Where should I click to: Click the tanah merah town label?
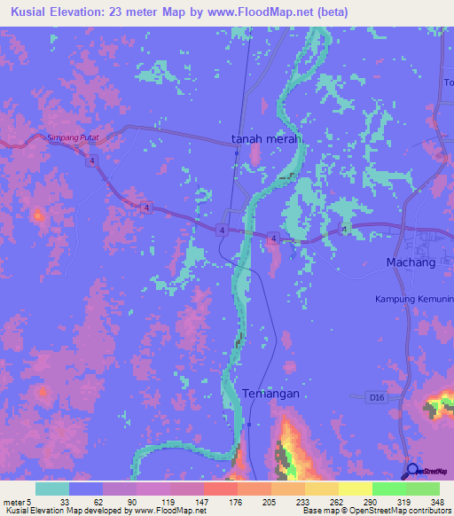tap(265, 139)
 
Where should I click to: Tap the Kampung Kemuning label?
tap(415, 300)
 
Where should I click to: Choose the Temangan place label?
tap(271, 393)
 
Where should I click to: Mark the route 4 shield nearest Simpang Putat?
tap(91, 160)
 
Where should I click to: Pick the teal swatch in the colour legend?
tap(52, 489)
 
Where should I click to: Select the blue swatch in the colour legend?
tap(86, 489)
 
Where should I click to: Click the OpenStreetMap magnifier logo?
tap(412, 471)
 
